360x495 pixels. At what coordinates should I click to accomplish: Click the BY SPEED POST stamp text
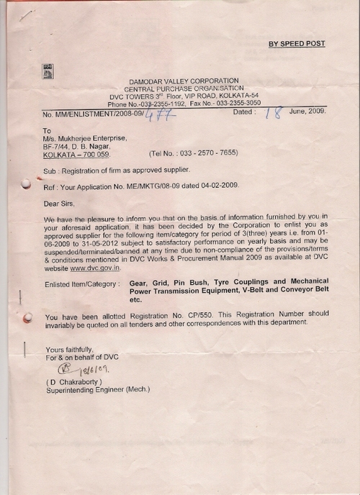(x=297, y=44)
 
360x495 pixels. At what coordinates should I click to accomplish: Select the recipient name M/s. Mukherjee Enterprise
(x=85, y=137)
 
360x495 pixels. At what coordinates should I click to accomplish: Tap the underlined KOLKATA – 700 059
(x=76, y=155)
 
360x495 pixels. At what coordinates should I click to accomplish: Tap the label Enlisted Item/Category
(x=80, y=285)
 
